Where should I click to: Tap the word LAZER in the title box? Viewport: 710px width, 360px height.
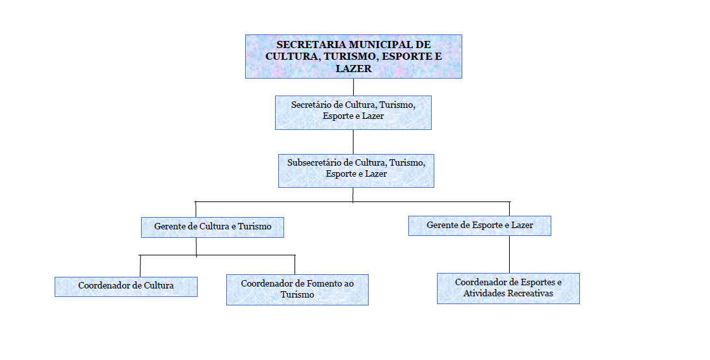(x=354, y=69)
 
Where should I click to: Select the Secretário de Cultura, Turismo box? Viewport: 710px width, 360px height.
(x=353, y=113)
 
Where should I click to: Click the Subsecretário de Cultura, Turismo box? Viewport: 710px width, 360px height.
(x=356, y=171)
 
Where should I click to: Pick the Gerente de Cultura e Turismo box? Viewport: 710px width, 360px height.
(x=213, y=227)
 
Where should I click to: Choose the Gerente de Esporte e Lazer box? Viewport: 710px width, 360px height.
(x=480, y=226)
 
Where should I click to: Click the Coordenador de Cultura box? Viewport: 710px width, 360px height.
(x=126, y=287)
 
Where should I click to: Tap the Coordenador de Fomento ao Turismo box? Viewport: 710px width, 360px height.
(x=297, y=290)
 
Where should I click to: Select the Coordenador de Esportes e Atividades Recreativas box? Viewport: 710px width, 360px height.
(x=508, y=289)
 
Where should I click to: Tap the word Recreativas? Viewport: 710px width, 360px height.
(x=531, y=294)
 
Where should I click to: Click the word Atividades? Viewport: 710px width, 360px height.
(x=484, y=294)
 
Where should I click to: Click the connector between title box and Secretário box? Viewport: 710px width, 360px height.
(x=353, y=87)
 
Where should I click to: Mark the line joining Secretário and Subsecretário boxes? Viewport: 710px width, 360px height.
(x=353, y=142)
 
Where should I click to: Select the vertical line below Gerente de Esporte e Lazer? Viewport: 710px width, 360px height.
(x=509, y=255)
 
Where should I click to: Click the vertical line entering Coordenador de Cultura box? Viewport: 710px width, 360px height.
(x=140, y=266)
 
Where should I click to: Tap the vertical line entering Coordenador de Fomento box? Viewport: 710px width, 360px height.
(x=295, y=265)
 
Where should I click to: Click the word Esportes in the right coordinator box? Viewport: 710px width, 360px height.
(x=538, y=282)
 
